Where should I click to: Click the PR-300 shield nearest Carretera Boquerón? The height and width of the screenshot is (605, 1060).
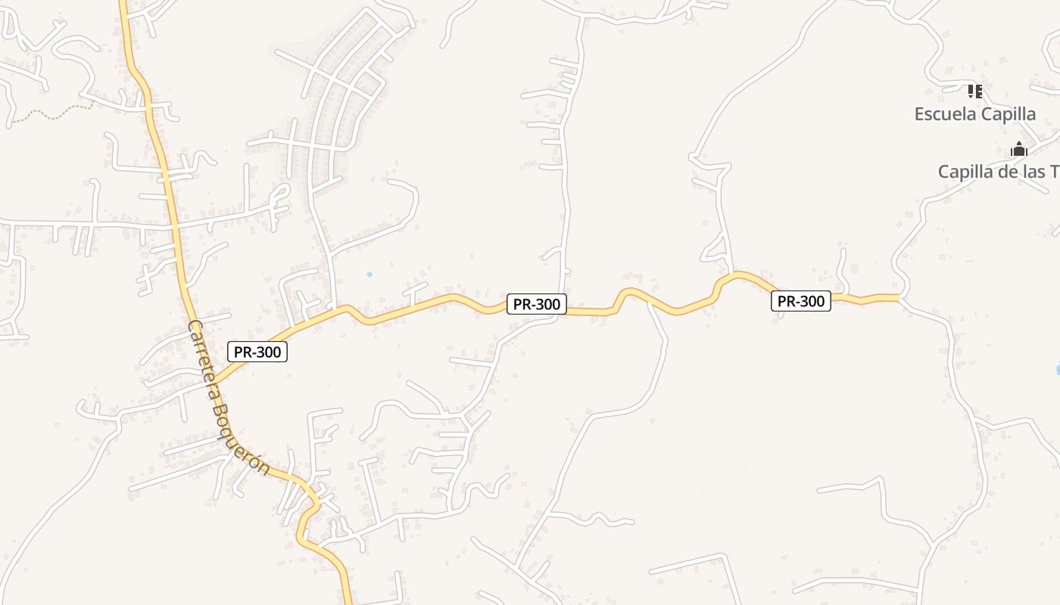tap(257, 352)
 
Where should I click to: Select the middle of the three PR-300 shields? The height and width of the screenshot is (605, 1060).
tap(537, 305)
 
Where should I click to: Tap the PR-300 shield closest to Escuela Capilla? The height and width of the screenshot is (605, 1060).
tap(801, 301)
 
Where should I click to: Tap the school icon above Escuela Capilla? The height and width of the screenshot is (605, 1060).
tap(975, 92)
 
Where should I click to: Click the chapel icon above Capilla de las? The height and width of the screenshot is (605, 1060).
tap(1019, 149)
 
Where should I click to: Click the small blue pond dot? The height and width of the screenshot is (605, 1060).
tap(369, 274)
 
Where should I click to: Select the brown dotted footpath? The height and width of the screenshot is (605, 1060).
tap(53, 114)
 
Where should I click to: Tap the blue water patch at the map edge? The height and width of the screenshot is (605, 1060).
tap(1057, 369)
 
